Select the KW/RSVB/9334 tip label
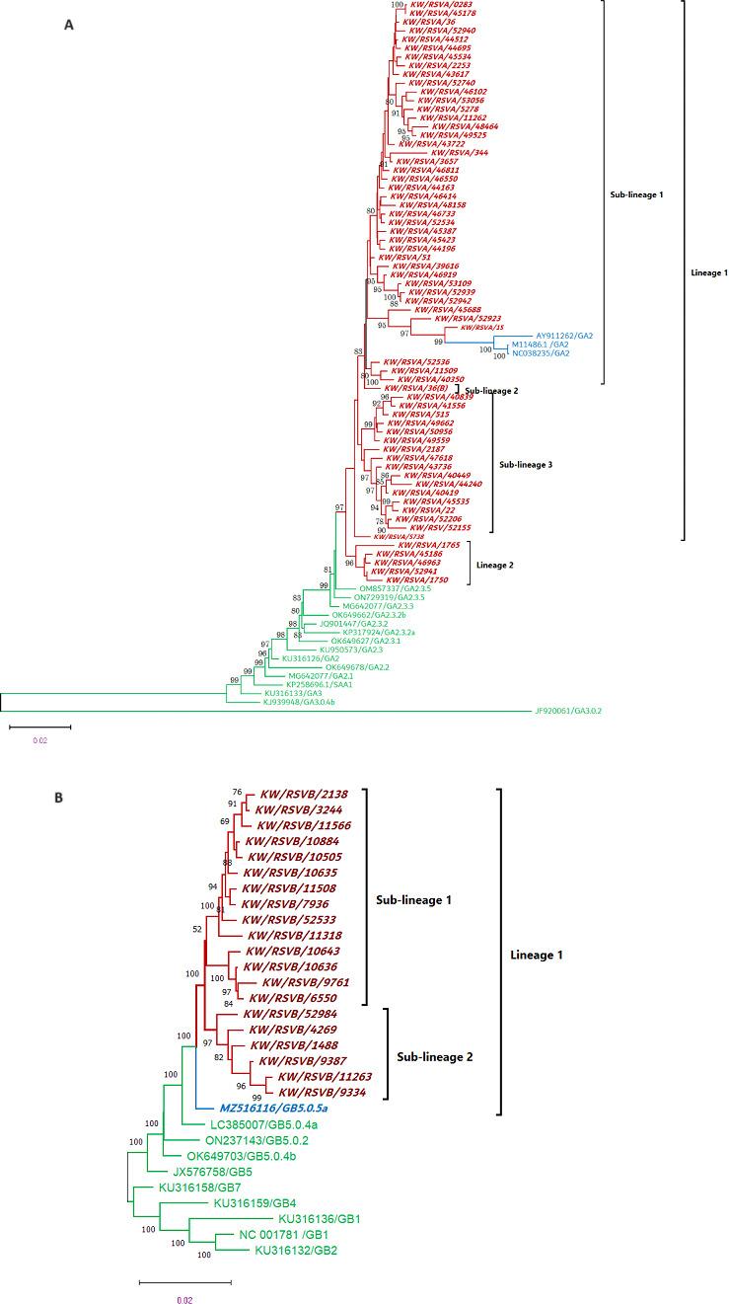coord(320,1094)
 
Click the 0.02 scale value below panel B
coord(183,1294)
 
